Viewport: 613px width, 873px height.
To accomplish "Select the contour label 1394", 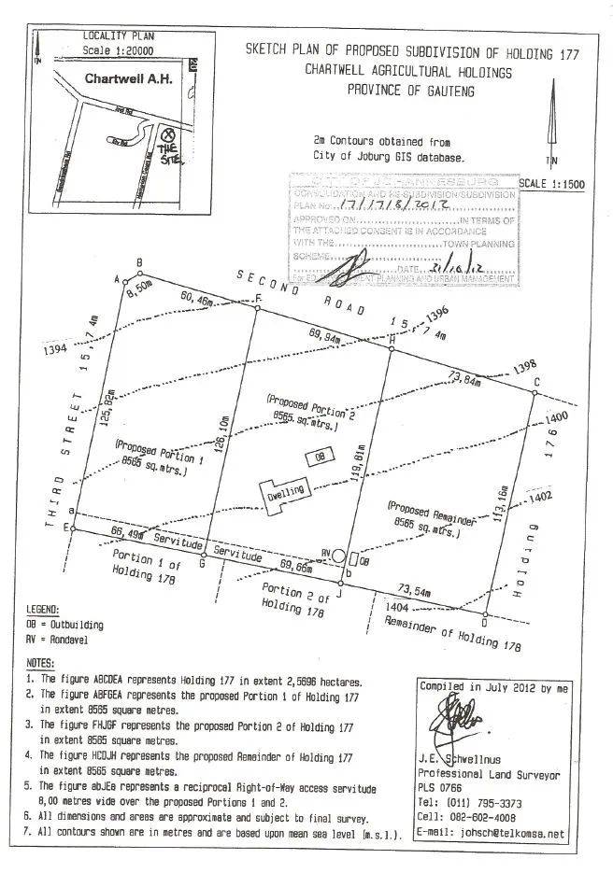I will coord(55,350).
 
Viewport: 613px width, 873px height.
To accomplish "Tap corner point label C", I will coord(536,381).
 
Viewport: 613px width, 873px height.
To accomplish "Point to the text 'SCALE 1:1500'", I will coord(551,184).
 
